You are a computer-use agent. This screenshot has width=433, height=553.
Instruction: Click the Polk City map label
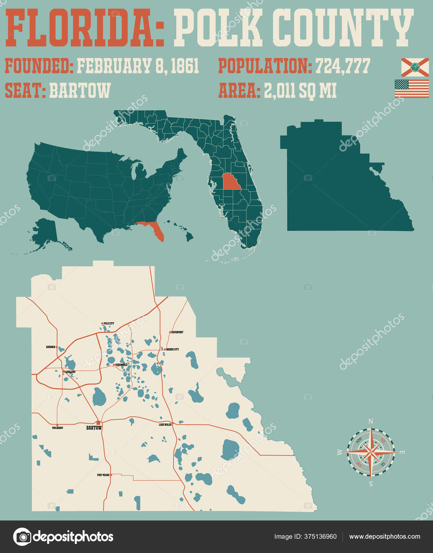109,323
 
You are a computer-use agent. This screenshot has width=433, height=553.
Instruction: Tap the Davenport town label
177,332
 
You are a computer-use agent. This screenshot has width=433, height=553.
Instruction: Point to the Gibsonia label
50,347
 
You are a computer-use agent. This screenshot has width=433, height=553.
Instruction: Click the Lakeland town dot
63,371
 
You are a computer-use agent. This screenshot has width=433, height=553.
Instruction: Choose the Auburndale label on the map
121,365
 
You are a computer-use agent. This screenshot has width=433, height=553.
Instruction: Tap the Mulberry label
58,428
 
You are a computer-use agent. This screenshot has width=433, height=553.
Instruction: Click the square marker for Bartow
98,423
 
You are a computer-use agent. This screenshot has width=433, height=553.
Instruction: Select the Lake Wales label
165,425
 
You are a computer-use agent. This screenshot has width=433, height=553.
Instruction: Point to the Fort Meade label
103,475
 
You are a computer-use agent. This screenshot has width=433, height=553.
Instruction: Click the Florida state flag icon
414,67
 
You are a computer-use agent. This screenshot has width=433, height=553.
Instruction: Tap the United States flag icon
412,88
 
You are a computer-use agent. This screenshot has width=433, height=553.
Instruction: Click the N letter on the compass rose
371,421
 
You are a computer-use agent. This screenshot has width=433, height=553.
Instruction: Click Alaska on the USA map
46,233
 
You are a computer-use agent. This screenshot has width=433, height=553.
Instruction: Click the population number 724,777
343,66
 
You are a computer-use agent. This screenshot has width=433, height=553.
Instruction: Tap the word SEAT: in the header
25,90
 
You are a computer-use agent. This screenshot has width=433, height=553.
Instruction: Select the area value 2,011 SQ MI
300,91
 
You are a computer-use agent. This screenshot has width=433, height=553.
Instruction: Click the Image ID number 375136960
321,537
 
